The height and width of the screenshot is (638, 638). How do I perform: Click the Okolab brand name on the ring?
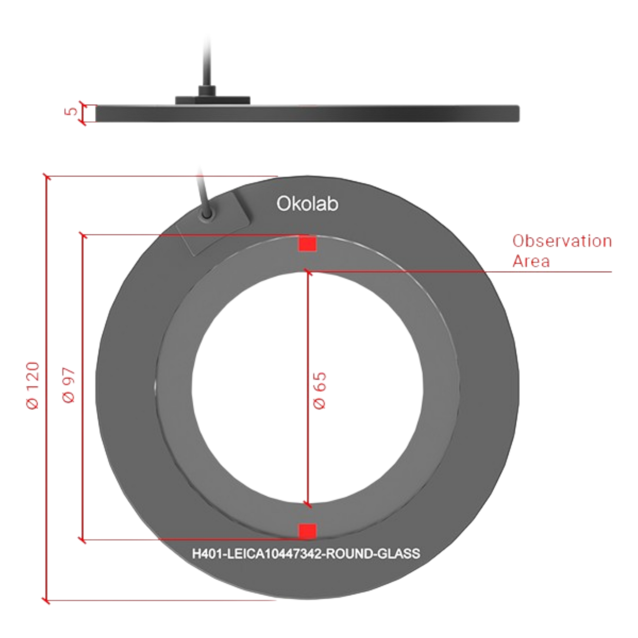tap(308, 204)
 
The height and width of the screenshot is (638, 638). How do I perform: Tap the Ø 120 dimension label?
tap(33, 385)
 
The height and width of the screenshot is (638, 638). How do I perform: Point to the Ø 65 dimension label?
tap(320, 391)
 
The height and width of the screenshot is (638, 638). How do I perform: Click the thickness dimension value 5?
tap(71, 111)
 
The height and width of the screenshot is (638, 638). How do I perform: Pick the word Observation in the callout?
tap(562, 241)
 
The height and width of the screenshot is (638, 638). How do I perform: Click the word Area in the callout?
tap(531, 261)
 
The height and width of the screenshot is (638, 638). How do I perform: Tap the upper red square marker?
tap(308, 244)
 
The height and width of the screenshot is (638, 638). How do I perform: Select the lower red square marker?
tap(308, 531)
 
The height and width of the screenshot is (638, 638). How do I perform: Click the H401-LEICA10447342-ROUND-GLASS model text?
tap(306, 553)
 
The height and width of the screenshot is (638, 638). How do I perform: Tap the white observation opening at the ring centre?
tap(308, 388)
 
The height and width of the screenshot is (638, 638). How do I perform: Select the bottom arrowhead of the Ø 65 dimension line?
tap(308, 504)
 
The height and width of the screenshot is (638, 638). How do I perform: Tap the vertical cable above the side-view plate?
tap(209, 61)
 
